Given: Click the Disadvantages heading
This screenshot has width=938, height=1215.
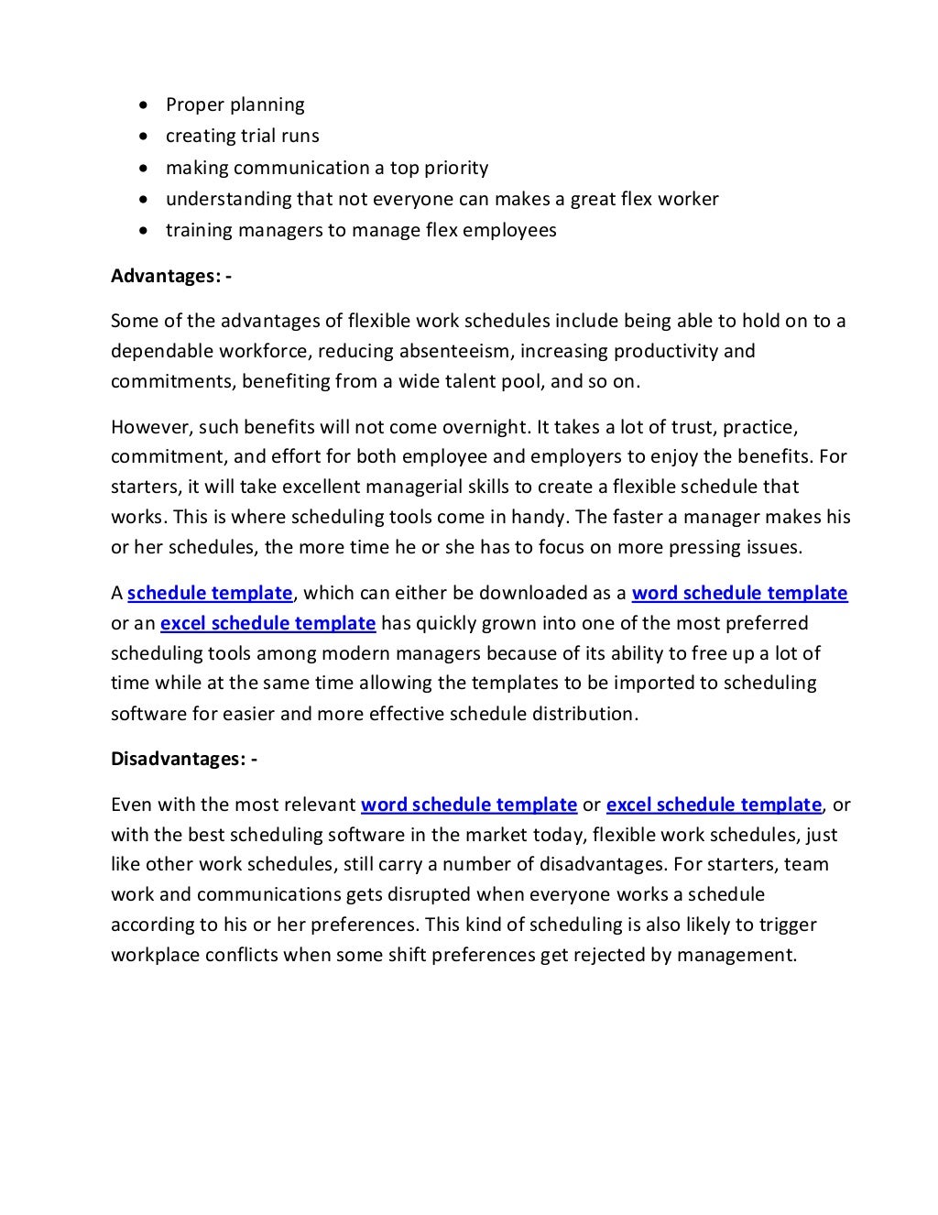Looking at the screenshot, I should pos(183,759).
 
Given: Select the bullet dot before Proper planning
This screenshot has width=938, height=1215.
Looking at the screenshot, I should pos(142,105).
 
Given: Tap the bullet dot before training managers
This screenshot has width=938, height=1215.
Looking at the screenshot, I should pos(142,231).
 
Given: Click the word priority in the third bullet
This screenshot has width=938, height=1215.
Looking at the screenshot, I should pos(455,168).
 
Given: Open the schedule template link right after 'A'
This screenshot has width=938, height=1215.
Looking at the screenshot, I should pos(210,593).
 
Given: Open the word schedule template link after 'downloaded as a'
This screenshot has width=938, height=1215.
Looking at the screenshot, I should pos(739,593).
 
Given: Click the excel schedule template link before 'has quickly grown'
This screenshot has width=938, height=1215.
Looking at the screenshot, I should pos(267,623).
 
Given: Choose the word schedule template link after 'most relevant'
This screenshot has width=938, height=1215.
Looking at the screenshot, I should pos(469,805).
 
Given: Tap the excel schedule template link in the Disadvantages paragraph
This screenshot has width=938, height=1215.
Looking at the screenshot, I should pos(714,805).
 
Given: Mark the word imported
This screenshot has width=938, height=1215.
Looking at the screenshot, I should pos(649,683).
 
